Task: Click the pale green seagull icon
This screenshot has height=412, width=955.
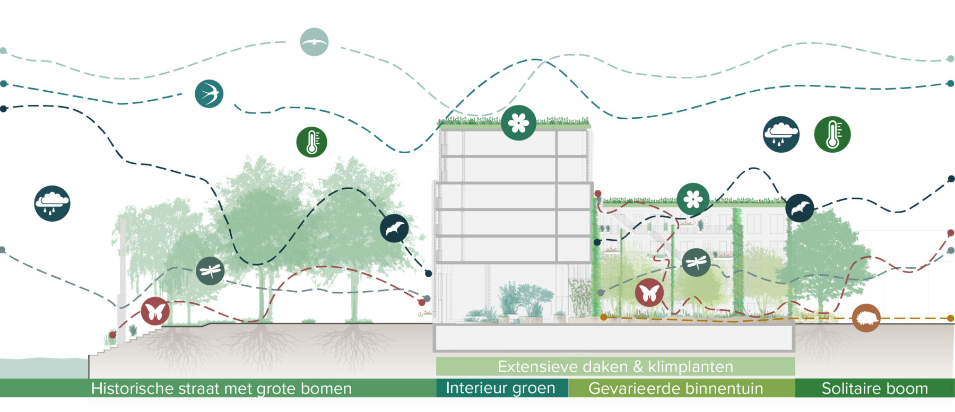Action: pyautogui.click(x=314, y=42)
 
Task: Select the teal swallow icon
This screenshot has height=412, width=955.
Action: pyautogui.click(x=209, y=94)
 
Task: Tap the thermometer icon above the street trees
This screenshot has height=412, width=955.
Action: pyautogui.click(x=311, y=142)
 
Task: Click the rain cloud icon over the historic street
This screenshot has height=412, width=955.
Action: pyautogui.click(x=52, y=203)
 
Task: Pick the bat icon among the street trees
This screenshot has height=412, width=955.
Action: pyautogui.click(x=394, y=229)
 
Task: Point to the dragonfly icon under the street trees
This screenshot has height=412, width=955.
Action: pyautogui.click(x=210, y=271)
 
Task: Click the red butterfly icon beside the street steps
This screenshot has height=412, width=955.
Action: pyautogui.click(x=155, y=311)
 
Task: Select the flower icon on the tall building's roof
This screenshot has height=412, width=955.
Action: pyautogui.click(x=518, y=123)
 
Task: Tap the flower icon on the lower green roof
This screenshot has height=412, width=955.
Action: pyautogui.click(x=693, y=199)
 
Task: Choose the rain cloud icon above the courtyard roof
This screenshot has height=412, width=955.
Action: pyautogui.click(x=781, y=134)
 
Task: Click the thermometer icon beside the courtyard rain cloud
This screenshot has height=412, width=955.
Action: pyautogui.click(x=832, y=134)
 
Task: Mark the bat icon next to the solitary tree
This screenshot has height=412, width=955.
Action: pyautogui.click(x=800, y=208)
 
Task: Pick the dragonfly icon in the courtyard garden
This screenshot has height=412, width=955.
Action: pyautogui.click(x=696, y=262)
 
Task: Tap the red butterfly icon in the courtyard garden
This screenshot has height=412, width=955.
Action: pyautogui.click(x=649, y=292)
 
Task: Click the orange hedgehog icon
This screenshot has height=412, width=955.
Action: pyautogui.click(x=866, y=318)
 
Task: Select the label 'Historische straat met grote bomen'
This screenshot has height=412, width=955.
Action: pyautogui.click(x=221, y=388)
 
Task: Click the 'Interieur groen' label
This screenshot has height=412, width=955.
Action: pyautogui.click(x=500, y=388)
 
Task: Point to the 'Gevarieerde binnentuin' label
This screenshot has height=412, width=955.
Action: pyautogui.click(x=675, y=388)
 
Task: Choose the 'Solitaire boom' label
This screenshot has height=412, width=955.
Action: pyautogui.click(x=874, y=388)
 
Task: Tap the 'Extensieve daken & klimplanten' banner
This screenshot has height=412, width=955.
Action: pyautogui.click(x=615, y=366)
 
